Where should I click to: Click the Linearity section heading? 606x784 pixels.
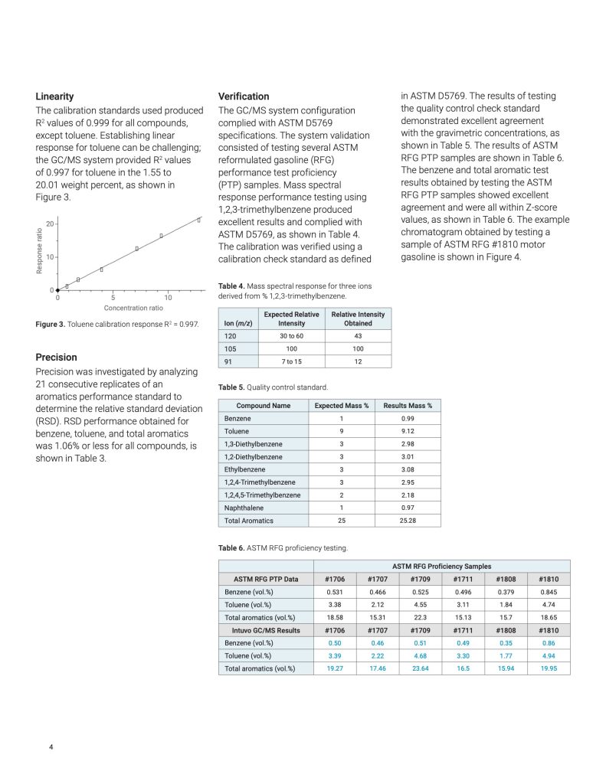click(x=54, y=96)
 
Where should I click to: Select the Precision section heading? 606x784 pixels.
click(x=56, y=357)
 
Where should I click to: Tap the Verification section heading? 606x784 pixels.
click(x=244, y=96)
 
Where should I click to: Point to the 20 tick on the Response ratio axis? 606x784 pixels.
click(x=50, y=224)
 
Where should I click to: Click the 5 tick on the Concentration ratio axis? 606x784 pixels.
click(x=113, y=297)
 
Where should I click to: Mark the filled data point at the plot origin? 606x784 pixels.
click(x=57, y=290)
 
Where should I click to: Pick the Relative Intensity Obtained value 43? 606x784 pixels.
click(x=358, y=336)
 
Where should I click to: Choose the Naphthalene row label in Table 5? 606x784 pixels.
click(x=244, y=508)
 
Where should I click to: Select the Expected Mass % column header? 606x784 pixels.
click(x=341, y=406)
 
